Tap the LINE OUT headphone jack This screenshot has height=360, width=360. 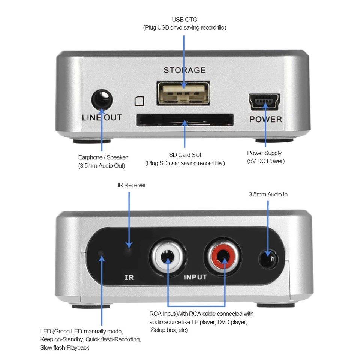click(102, 100)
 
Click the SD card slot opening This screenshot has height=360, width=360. click(184, 120)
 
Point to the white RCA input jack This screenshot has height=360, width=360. click(168, 258)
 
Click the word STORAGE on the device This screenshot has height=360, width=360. click(184, 70)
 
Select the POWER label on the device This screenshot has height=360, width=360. click(265, 119)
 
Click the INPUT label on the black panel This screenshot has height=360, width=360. click(195, 277)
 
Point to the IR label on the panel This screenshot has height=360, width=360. click(129, 278)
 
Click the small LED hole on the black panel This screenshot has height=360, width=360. click(100, 252)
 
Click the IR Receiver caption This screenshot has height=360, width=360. click(132, 185)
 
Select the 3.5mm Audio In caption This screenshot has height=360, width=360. click(268, 195)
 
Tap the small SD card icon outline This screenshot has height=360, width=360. click(139, 101)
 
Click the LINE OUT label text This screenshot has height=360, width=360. click(102, 117)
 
